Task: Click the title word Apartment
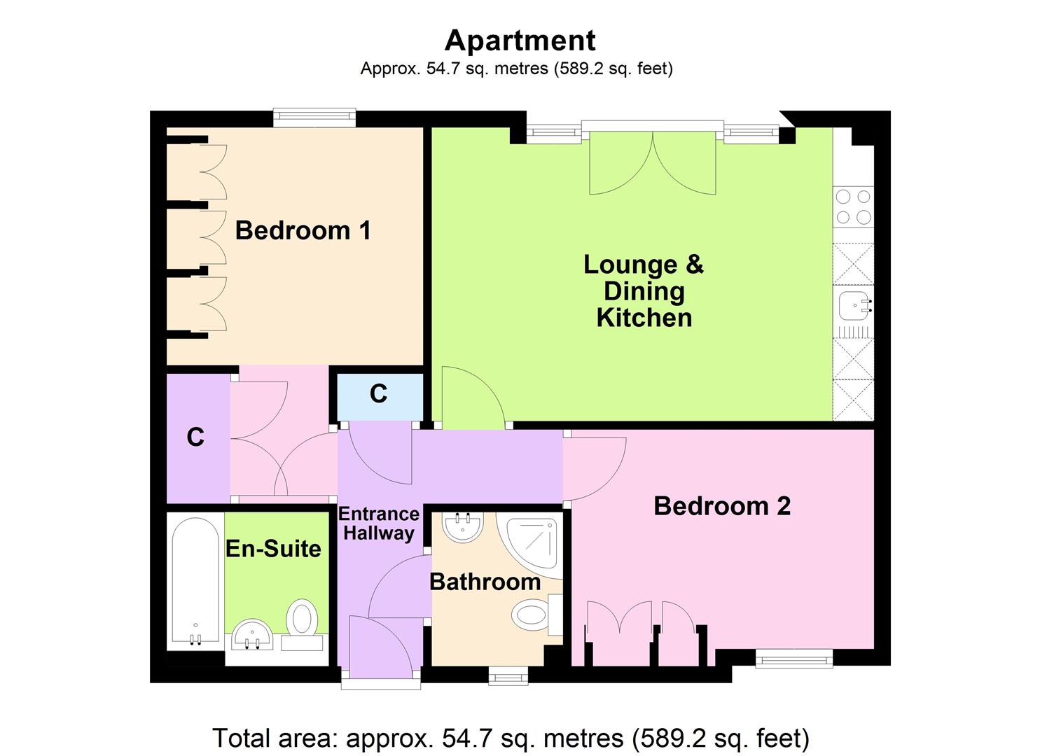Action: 520,41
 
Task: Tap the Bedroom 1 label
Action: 303,230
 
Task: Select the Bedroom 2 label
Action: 721,506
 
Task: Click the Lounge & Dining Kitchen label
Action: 644,290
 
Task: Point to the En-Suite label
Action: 273,549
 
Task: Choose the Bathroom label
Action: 485,582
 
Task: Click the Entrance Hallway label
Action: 378,524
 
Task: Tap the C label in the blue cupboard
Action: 378,394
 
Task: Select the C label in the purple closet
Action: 195,437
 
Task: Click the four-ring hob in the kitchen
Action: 853,207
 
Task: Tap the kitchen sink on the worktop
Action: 854,305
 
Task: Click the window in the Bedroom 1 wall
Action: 314,118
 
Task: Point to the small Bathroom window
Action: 508,674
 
